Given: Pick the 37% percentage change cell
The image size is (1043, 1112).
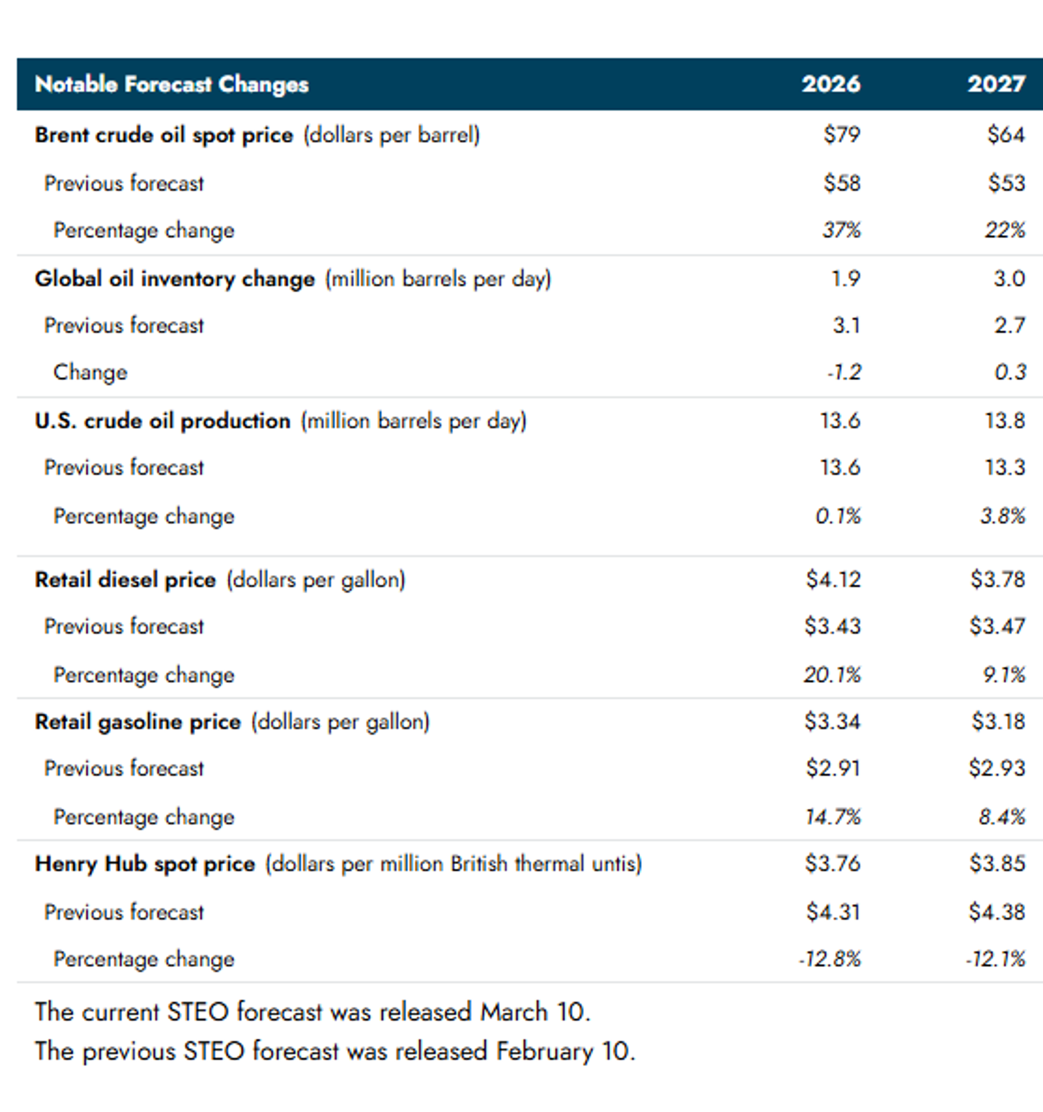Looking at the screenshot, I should click(841, 230).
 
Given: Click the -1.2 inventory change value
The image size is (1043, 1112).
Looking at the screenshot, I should click(844, 372).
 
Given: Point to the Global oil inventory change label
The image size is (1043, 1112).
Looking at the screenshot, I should click(175, 279).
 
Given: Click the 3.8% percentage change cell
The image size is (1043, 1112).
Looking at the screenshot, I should click(1003, 516).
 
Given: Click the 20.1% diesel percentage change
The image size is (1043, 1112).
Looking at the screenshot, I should click(832, 675).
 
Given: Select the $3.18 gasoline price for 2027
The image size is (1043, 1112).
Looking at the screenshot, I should click(998, 722).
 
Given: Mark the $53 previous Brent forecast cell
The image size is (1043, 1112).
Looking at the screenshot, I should click(1006, 183).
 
